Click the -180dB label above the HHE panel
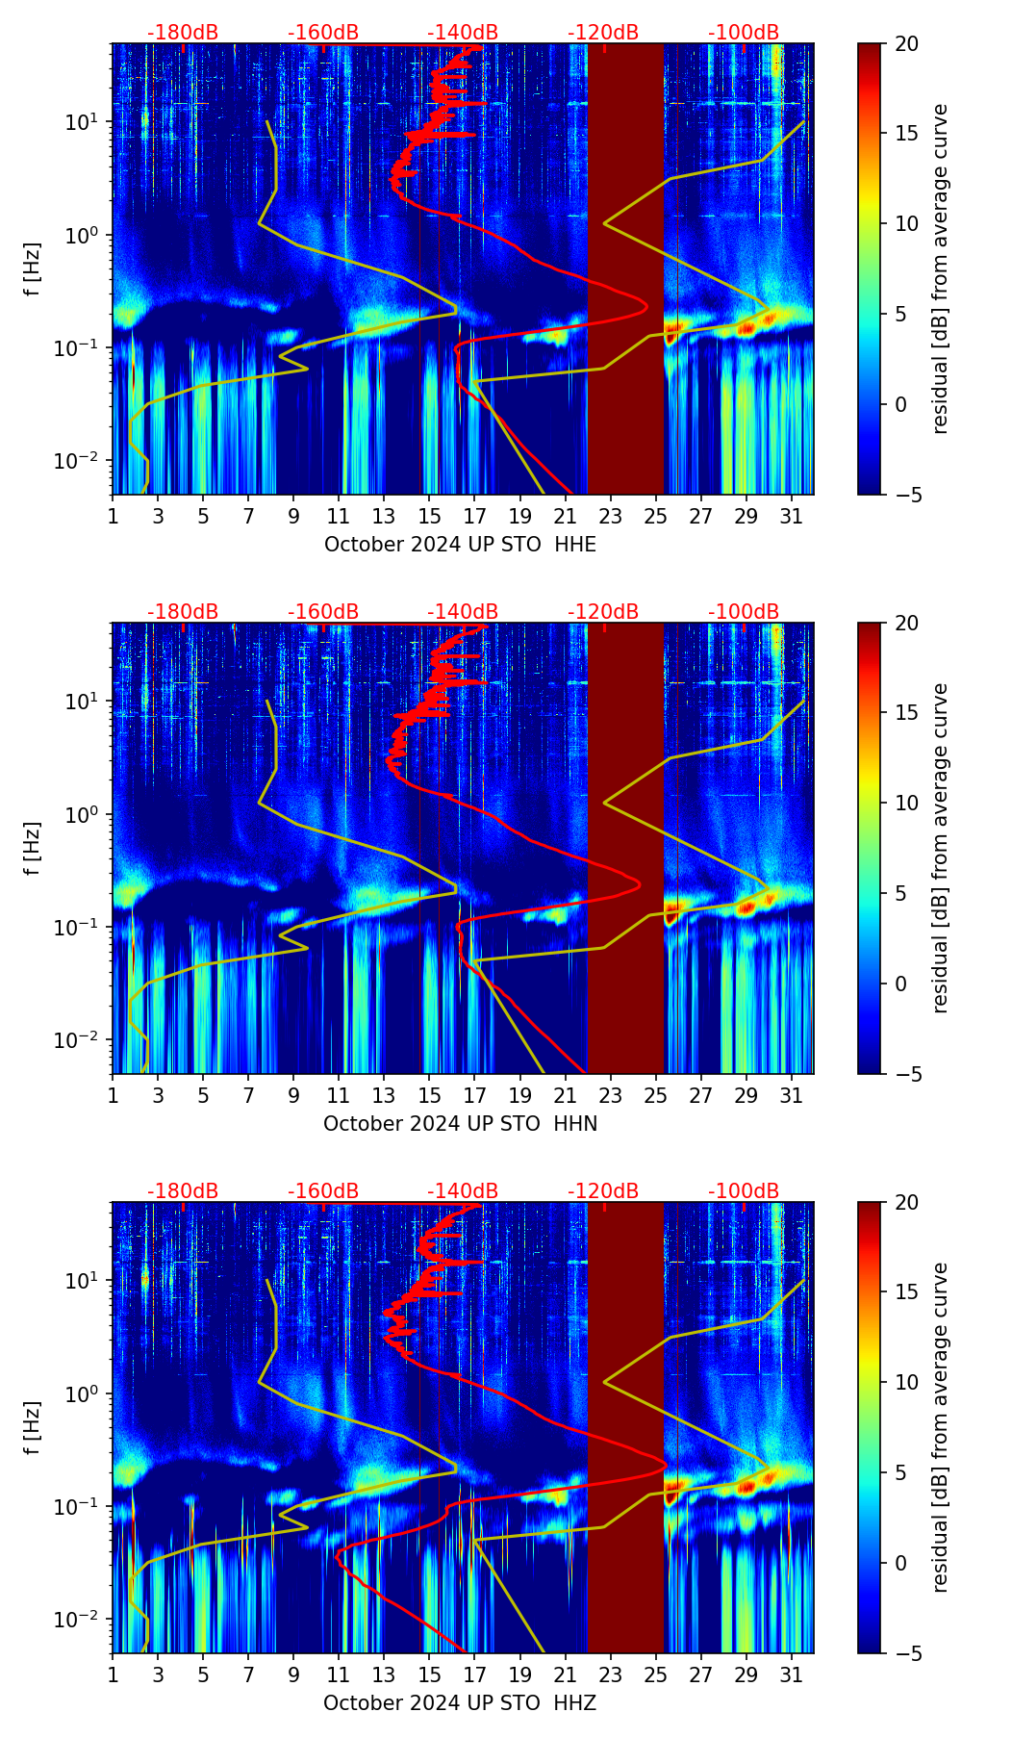point(183,33)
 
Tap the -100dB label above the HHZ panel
point(744,1191)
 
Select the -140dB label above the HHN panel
point(463,612)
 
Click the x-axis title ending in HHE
point(460,545)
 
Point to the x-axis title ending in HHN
point(460,1124)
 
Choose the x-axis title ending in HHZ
point(460,1703)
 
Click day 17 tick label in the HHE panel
point(475,516)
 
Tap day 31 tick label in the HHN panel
point(792,1095)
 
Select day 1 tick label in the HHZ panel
point(114,1674)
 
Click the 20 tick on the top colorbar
point(907,44)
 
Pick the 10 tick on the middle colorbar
point(907,804)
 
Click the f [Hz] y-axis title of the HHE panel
point(33,268)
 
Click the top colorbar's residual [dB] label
point(940,268)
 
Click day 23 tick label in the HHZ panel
point(611,1674)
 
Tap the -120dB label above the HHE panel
point(603,33)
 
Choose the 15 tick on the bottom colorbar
point(907,1292)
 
